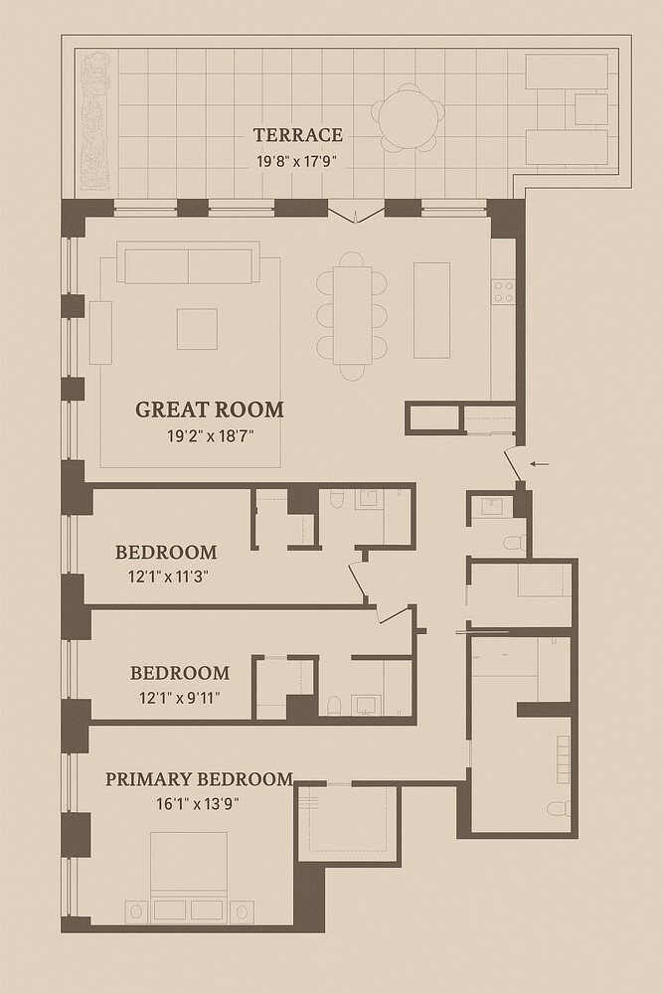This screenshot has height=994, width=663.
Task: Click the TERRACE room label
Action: [x=297, y=135]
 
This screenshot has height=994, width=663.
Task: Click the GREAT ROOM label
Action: [x=209, y=410]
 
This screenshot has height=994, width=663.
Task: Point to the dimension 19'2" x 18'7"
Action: [x=209, y=434]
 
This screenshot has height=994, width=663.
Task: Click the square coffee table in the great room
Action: [x=197, y=329]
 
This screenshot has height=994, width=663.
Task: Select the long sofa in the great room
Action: [x=187, y=266]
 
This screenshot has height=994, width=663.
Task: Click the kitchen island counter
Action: [x=430, y=309]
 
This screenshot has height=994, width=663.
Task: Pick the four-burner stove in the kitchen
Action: [x=503, y=291]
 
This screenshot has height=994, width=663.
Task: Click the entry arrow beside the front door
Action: [x=540, y=463]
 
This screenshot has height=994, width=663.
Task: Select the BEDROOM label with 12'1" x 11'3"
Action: [x=165, y=553]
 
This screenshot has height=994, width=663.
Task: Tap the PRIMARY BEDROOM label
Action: [x=199, y=779]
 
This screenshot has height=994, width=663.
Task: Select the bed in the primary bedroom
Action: [x=189, y=875]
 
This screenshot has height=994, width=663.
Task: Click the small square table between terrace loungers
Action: [x=590, y=109]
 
